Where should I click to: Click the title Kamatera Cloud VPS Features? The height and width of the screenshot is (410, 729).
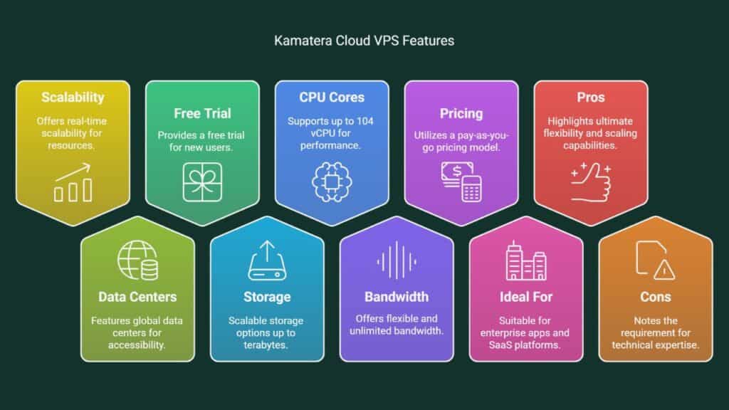click(x=364, y=41)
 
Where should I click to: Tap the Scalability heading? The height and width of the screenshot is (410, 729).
click(x=73, y=98)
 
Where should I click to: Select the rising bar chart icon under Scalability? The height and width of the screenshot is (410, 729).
click(x=73, y=182)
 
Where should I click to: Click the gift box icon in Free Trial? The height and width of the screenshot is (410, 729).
click(x=202, y=181)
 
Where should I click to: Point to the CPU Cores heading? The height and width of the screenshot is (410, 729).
click(x=332, y=98)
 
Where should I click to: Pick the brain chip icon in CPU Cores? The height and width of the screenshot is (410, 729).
click(x=332, y=180)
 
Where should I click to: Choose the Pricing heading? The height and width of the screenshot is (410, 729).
click(x=461, y=113)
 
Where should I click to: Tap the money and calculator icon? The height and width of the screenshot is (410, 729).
click(x=461, y=181)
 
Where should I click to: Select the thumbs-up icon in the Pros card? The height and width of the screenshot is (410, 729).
click(x=591, y=181)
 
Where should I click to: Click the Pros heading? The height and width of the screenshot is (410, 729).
click(x=591, y=98)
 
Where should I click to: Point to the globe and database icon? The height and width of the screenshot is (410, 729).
click(x=137, y=260)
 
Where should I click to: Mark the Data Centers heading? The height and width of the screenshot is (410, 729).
click(x=137, y=296)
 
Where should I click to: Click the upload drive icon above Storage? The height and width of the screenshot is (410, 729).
click(x=266, y=260)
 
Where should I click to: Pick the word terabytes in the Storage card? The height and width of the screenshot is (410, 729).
click(x=267, y=345)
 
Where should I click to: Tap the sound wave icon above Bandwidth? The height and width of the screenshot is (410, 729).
click(x=397, y=260)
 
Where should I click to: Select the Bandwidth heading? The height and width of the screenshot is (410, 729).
click(x=397, y=296)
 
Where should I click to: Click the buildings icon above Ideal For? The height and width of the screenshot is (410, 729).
click(x=525, y=260)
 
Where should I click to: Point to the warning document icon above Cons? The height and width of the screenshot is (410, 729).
click(x=655, y=260)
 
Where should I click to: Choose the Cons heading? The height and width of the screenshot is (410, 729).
click(x=655, y=296)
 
